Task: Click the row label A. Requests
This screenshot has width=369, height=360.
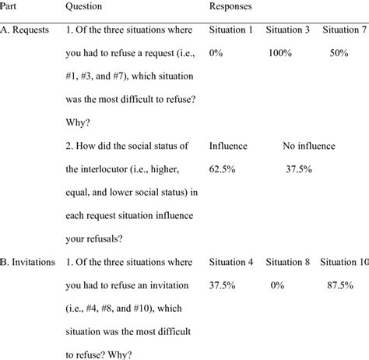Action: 28,30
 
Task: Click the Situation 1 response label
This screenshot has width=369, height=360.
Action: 232,30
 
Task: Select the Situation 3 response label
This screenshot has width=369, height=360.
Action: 289,30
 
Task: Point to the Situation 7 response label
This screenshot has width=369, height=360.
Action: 345,30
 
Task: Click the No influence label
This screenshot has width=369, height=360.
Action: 309,146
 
